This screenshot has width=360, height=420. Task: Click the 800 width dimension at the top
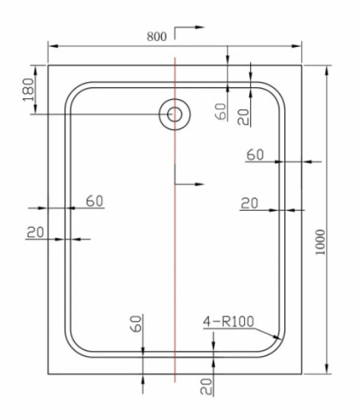click(x=155, y=36)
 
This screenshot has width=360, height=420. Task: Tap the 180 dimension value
click(x=27, y=87)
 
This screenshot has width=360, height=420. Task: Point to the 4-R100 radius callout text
click(x=228, y=321)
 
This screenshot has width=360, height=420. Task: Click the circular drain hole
click(x=175, y=113)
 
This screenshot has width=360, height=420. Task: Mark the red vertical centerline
click(x=174, y=252)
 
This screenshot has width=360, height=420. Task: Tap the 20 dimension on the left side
click(x=34, y=232)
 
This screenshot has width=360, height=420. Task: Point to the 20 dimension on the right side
click(x=249, y=202)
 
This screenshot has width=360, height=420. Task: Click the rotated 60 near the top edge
click(x=221, y=111)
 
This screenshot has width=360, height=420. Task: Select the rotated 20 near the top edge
click(x=243, y=115)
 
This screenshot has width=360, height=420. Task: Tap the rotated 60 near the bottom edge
click(x=137, y=323)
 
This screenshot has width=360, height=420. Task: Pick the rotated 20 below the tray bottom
click(x=206, y=386)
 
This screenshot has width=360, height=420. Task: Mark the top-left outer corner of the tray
click(x=48, y=64)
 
